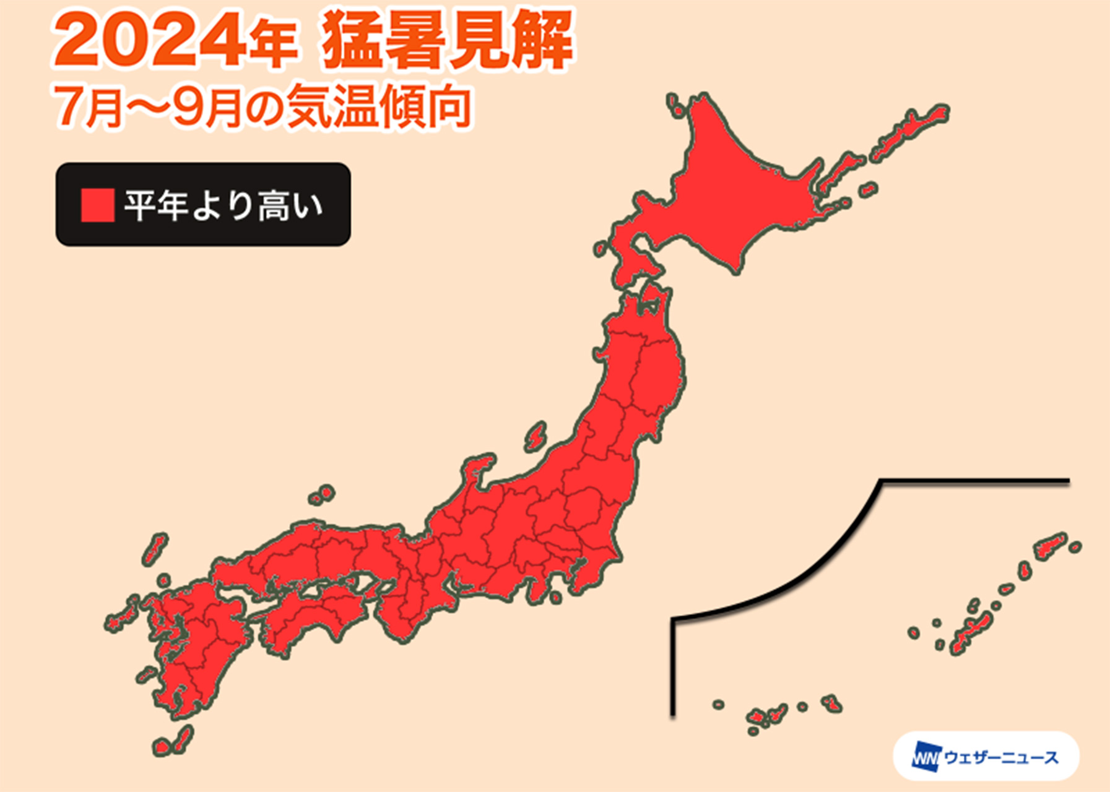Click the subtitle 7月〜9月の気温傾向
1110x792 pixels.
(262, 107)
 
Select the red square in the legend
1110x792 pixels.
(97, 205)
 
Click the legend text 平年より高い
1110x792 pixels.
(223, 205)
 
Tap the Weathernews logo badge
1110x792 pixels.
(986, 757)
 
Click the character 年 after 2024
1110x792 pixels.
(273, 45)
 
